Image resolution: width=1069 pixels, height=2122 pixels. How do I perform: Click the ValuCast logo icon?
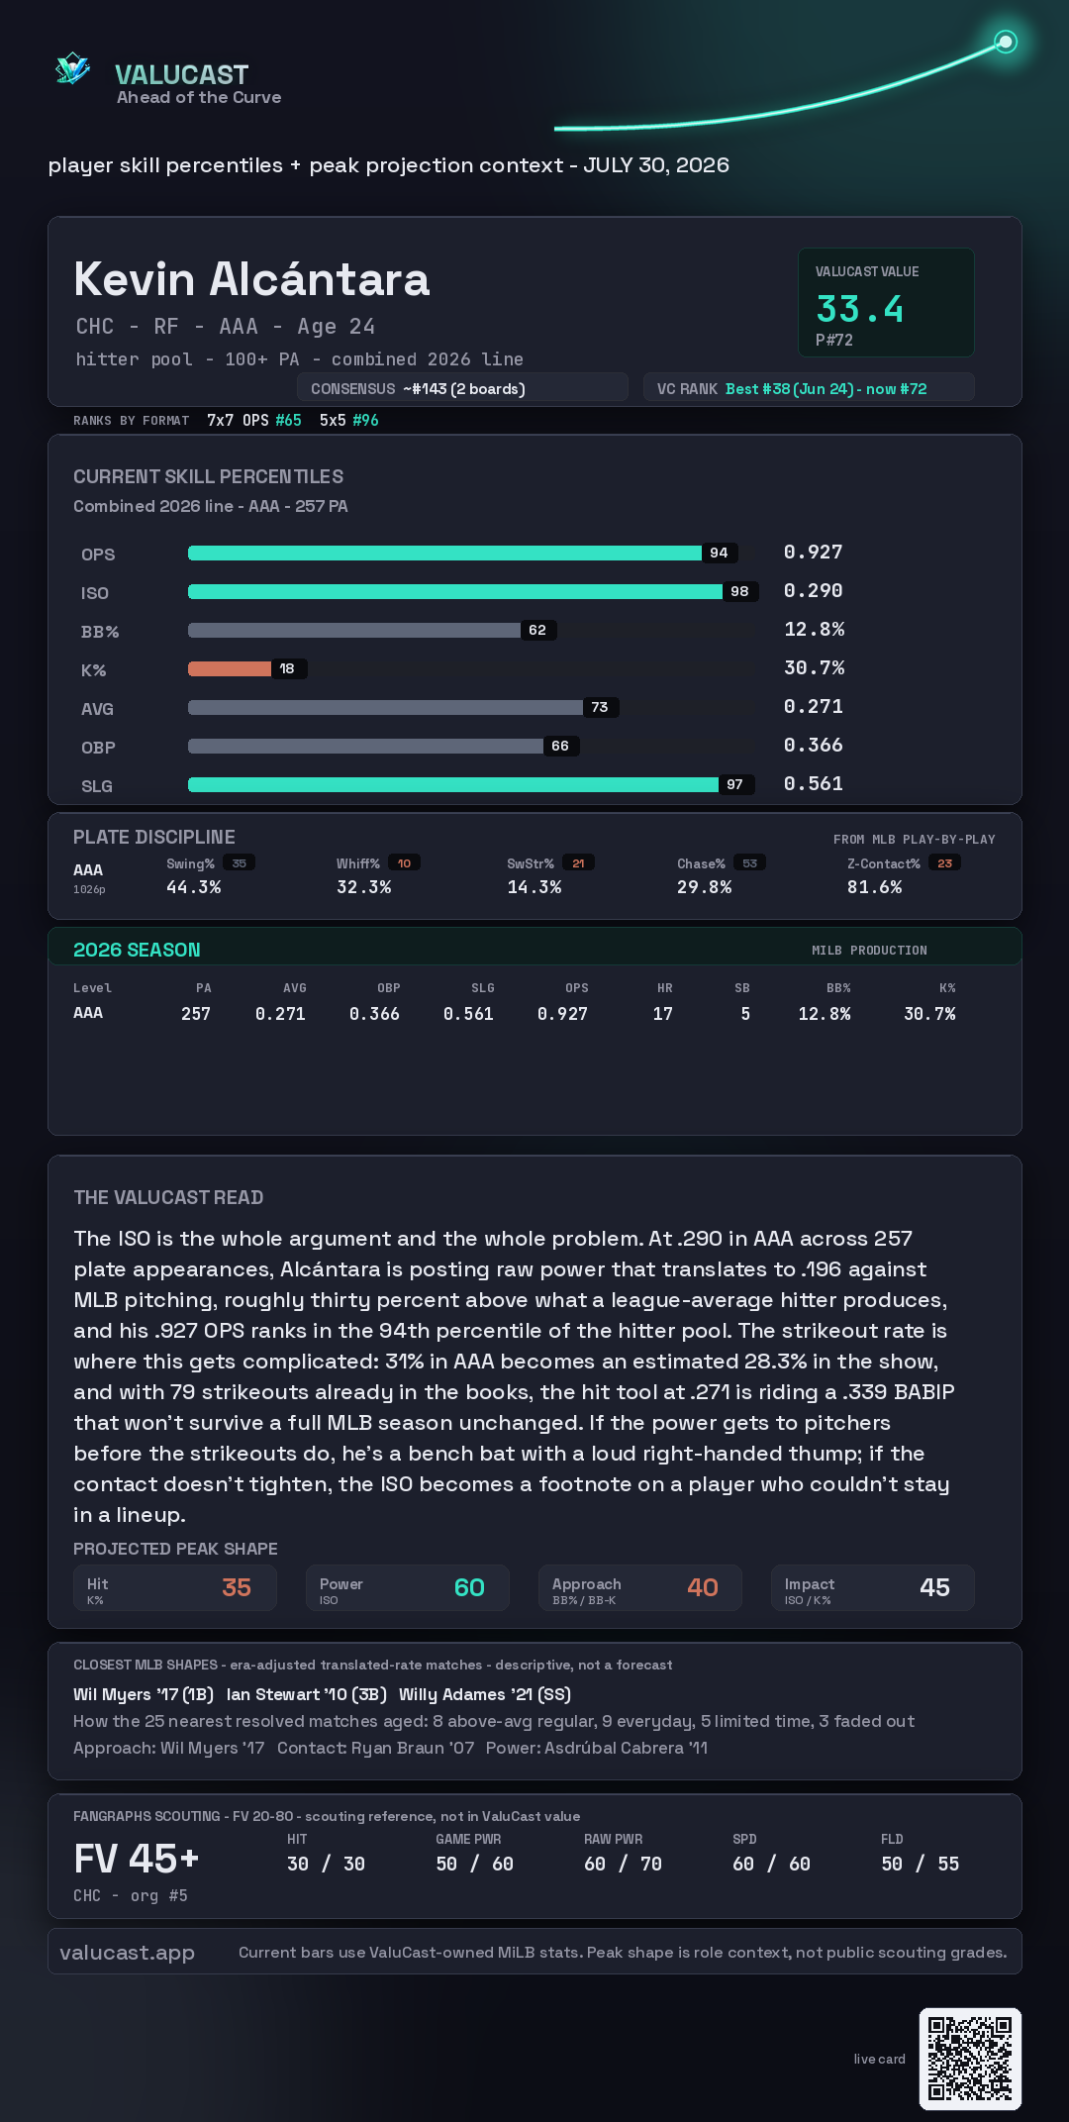tap(73, 68)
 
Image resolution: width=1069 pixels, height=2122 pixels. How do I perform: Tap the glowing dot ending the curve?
tap(1006, 42)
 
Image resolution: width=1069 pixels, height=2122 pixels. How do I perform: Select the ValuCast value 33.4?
tap(859, 309)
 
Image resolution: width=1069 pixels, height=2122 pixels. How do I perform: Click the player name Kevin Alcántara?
tap(251, 279)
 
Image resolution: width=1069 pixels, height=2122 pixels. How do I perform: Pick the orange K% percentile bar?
tap(230, 669)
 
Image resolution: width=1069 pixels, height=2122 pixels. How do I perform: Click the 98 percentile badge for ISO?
tap(739, 592)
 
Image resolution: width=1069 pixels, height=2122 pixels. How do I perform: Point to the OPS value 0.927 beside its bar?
tap(813, 553)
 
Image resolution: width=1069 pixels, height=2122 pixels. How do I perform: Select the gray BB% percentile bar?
tap(354, 631)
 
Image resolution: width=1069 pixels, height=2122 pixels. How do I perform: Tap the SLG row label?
tap(97, 786)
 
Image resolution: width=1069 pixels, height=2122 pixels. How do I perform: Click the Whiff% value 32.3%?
tap(364, 887)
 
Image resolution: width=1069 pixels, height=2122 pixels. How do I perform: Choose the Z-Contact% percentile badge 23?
tap(945, 863)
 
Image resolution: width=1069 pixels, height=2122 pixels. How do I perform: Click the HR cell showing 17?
tap(663, 1014)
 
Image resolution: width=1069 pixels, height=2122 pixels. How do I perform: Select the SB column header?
tap(742, 988)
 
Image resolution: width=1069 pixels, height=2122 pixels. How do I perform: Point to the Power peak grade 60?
tap(469, 1587)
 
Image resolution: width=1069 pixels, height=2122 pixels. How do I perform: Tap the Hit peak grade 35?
tap(237, 1587)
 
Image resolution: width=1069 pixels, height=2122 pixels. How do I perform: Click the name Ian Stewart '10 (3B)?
tap(307, 1694)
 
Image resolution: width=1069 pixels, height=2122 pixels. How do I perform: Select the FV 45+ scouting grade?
tap(137, 1859)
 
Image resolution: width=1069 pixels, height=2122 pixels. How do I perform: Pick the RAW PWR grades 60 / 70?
tap(623, 1864)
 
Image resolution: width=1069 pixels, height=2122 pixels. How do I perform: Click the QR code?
tap(970, 2059)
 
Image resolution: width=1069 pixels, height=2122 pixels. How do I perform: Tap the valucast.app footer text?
tap(127, 1953)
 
